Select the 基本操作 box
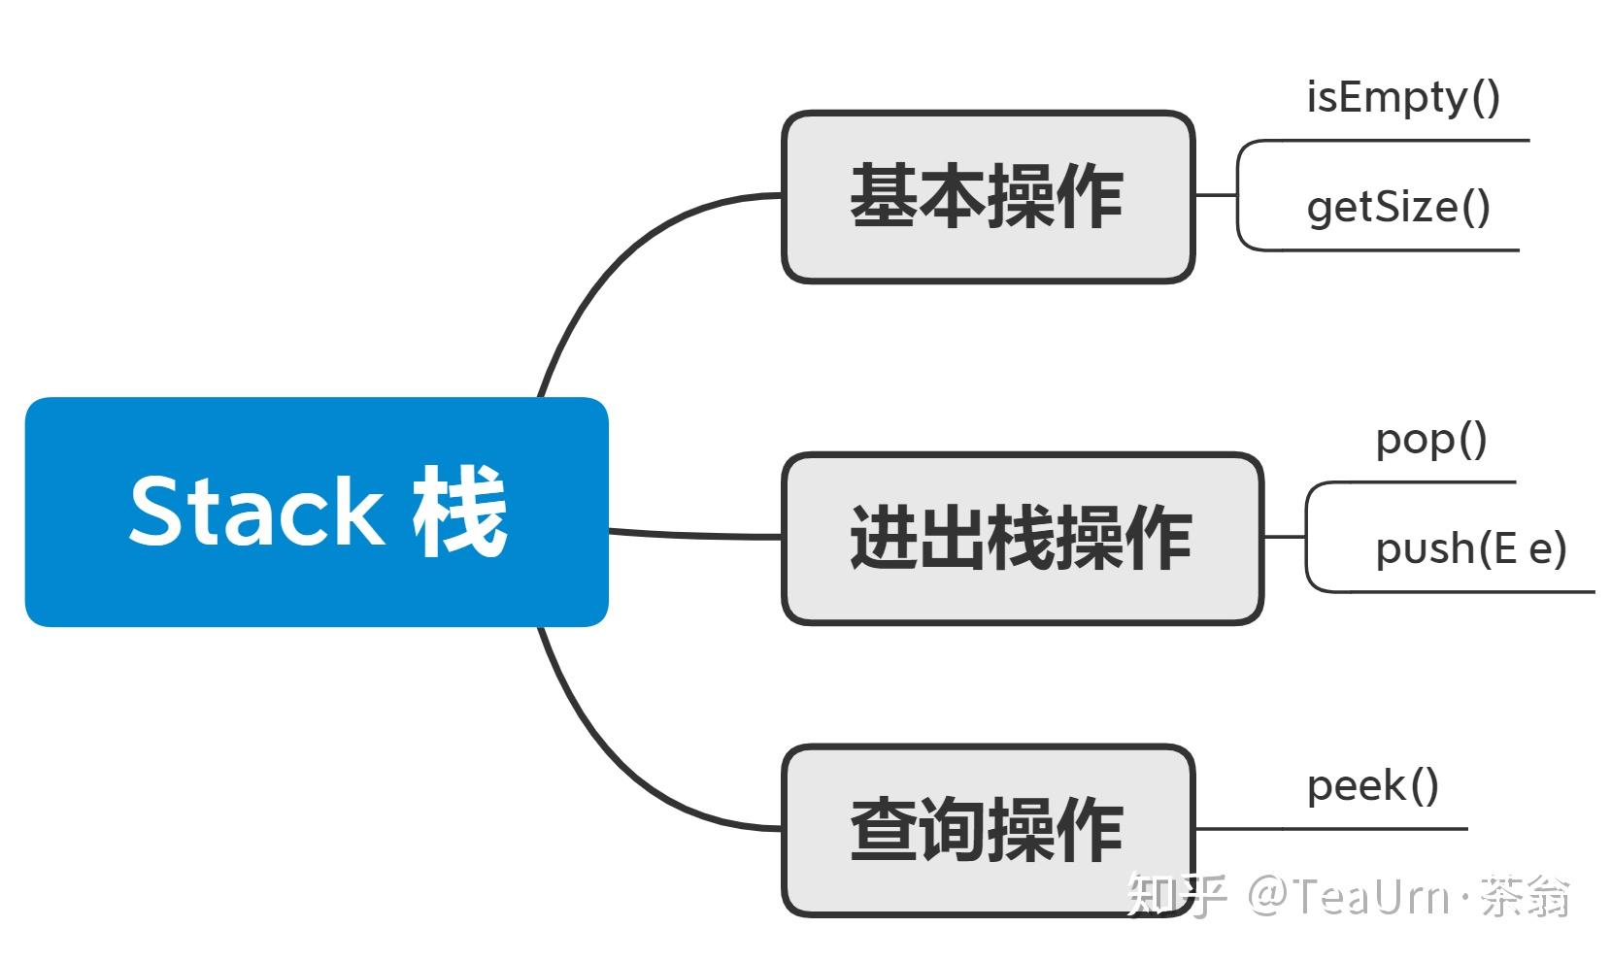987,197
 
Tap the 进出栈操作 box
1022,538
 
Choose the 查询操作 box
987,830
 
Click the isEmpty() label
1402,98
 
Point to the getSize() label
1398,208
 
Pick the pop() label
1430,440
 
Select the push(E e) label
1470,549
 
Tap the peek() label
1372,786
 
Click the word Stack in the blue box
255,511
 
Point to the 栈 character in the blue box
459,511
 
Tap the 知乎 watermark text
1176,895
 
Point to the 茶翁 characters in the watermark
1525,895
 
